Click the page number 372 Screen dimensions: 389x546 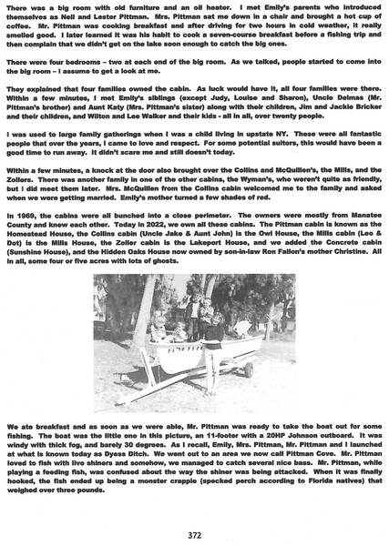click(x=194, y=534)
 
